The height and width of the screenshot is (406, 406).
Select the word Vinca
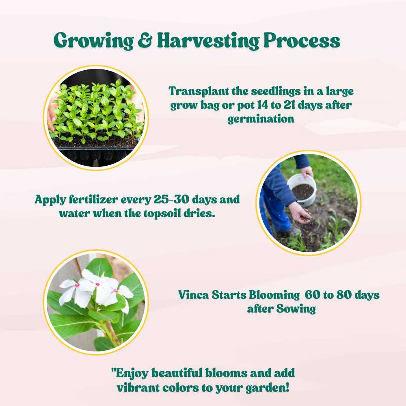[193, 295]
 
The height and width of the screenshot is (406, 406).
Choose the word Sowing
[296, 309]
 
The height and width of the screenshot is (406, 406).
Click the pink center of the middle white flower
[97, 284]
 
